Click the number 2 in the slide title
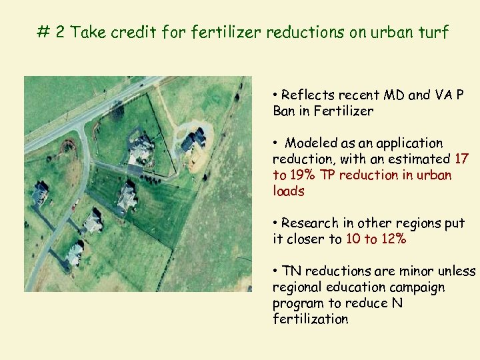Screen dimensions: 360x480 coord(60,32)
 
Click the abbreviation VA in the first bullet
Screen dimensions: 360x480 coord(443,95)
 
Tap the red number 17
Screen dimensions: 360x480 coord(461,159)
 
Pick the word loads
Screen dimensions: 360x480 coord(289,191)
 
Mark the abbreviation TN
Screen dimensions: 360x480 coord(292,271)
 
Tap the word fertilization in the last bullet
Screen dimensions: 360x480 coord(310,319)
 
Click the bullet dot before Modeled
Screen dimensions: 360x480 coord(275,143)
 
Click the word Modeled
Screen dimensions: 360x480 coord(311,143)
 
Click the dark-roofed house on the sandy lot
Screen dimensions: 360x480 coord(193,139)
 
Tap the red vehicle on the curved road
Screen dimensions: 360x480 coord(77,202)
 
